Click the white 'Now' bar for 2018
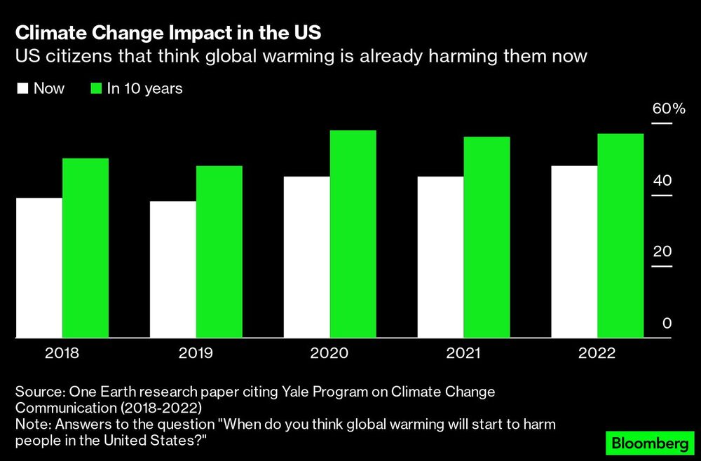click(39, 268)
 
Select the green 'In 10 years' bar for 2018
click(86, 248)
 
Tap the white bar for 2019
click(173, 270)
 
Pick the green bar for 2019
click(219, 252)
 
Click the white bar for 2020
click(307, 257)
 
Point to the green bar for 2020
click(353, 234)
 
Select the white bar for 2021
click(441, 257)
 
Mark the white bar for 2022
click(575, 252)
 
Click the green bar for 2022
click(620, 235)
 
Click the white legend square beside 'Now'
click(22, 89)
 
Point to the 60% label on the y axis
click(668, 109)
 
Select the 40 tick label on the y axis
click(662, 181)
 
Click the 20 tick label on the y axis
click(662, 252)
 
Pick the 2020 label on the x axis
click(329, 352)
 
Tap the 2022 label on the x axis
click(597, 352)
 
